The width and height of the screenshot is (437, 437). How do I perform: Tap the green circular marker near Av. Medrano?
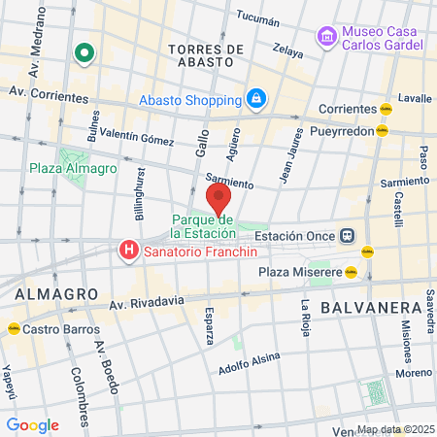[84, 53]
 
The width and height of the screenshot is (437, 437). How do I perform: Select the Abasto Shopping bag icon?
[254, 98]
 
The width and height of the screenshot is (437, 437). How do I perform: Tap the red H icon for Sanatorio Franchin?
[127, 252]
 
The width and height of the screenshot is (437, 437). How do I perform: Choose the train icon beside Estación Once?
[346, 235]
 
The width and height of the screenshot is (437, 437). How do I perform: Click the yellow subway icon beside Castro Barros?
[13, 329]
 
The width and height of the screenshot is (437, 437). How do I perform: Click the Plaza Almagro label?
[72, 168]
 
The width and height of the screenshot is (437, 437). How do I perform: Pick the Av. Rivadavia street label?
[146, 303]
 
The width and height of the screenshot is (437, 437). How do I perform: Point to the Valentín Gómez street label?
[131, 137]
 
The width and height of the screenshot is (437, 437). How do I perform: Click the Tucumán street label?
[257, 17]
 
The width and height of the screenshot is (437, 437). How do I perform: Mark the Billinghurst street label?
[141, 200]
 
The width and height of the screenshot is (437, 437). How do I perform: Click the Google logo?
[32, 425]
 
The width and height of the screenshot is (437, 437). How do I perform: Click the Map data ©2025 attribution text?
[394, 429]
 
